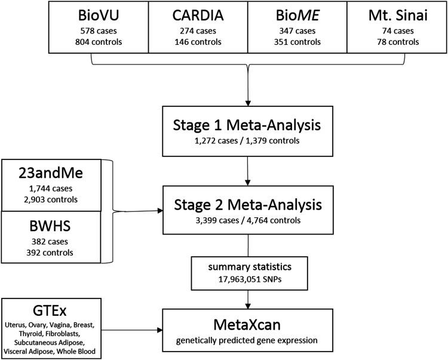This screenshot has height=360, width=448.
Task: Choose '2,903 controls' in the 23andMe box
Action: pos(51,197)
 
